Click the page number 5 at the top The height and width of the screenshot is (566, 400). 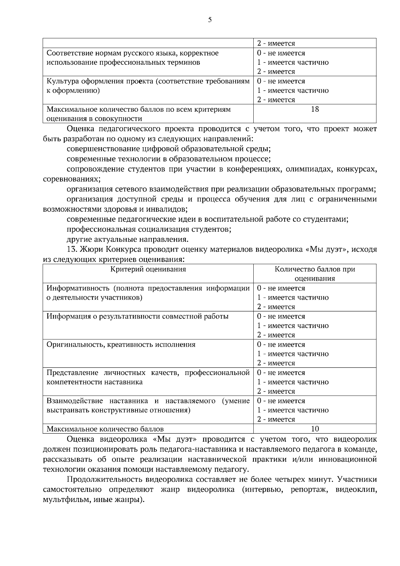pos(210,20)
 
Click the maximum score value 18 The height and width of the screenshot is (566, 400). pos(315,109)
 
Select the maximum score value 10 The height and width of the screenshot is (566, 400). pos(315,429)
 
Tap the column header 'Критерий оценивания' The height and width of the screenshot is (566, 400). pos(148,269)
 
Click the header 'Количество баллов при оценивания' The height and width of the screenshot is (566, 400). pos(315,274)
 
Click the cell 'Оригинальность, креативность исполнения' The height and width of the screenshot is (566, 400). pos(121,344)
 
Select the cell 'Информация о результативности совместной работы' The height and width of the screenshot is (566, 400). pos(137,316)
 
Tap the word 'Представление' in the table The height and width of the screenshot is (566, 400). pos(72,373)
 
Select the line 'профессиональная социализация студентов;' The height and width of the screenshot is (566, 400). pos(149,229)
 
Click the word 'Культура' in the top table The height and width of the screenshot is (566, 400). pos(61,81)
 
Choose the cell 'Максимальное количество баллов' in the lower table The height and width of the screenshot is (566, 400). pos(105,429)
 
